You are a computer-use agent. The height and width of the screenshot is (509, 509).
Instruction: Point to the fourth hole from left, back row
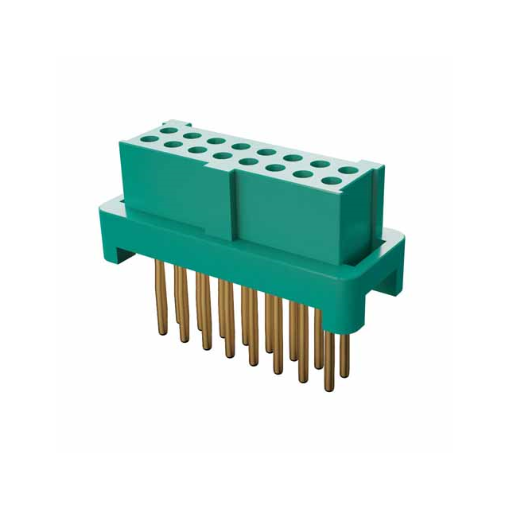(242, 146)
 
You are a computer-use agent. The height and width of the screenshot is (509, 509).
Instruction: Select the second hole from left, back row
(192, 135)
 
